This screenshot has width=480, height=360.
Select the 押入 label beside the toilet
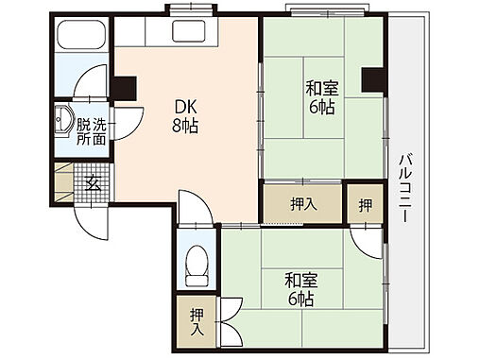click(197, 322)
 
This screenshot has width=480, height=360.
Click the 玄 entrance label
click(94, 181)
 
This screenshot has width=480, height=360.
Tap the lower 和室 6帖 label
click(300, 289)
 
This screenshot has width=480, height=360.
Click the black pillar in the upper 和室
click(372, 81)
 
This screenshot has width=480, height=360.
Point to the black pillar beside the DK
click(123, 87)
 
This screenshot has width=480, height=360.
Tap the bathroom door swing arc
click(93, 80)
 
